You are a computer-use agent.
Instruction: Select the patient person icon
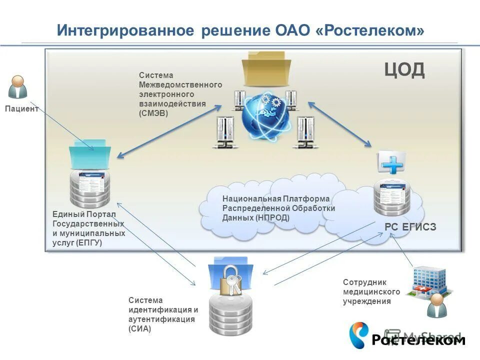coord(17,87)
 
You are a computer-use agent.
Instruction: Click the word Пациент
coord(21,109)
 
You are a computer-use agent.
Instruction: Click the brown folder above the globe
coord(266,70)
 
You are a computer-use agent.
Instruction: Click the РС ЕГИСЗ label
coord(410,227)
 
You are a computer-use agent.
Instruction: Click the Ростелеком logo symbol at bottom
coord(358,334)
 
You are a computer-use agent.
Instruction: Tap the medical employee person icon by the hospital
coord(436,306)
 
